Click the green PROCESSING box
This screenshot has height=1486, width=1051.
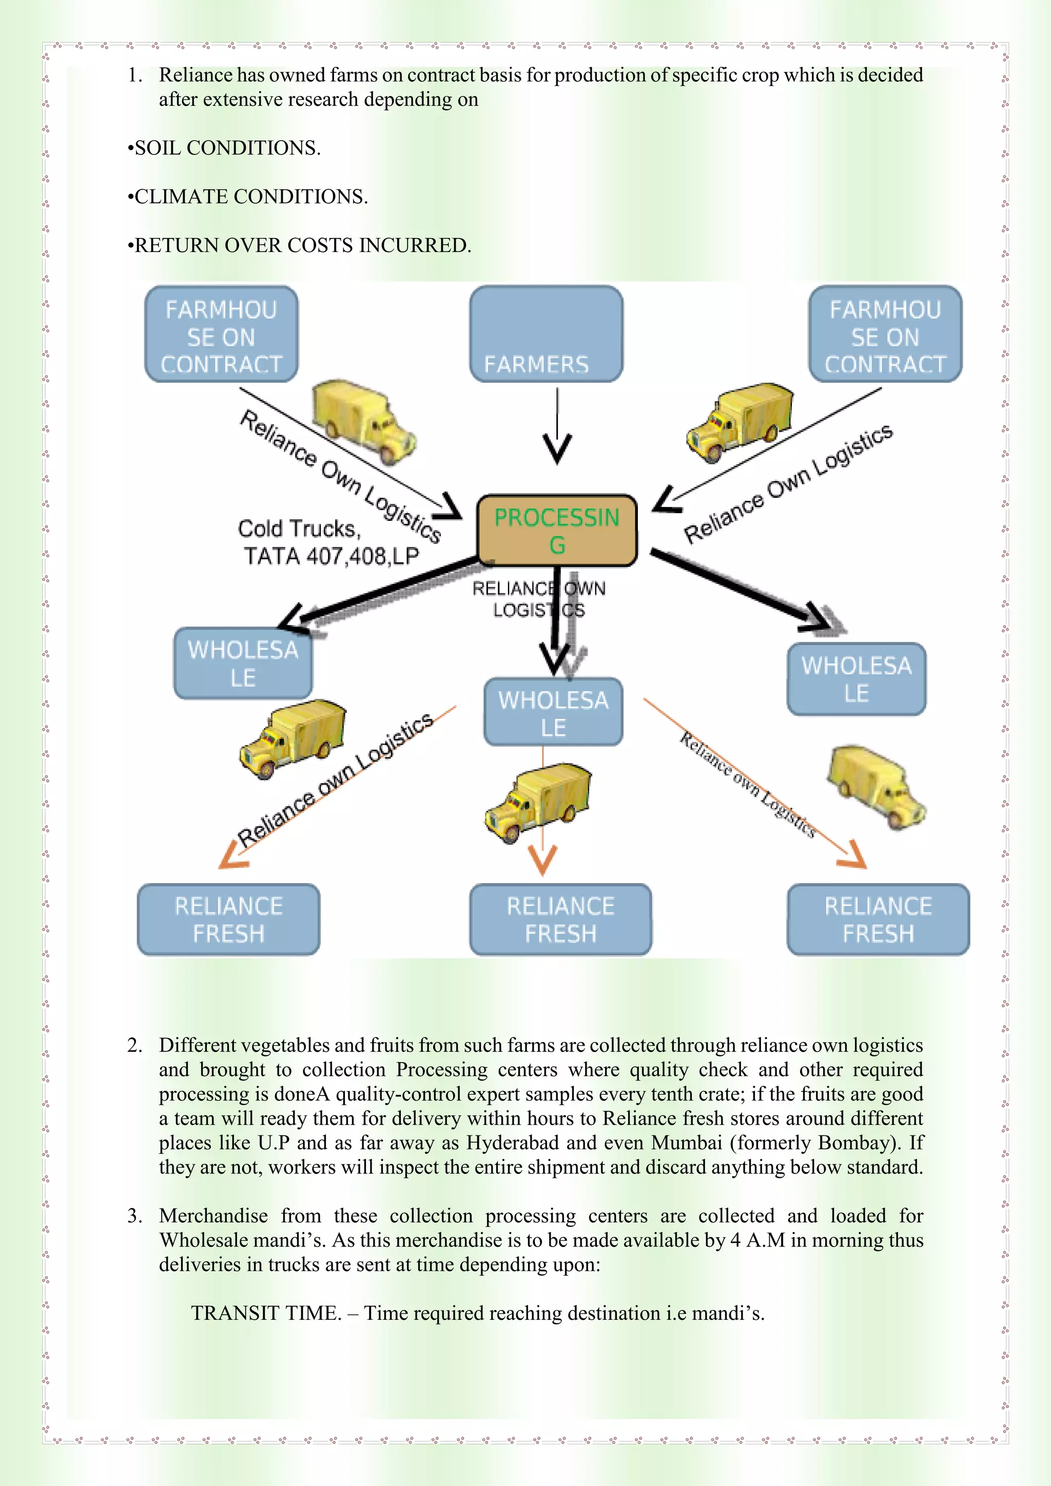click(x=557, y=530)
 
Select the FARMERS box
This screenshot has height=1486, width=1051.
click(x=546, y=334)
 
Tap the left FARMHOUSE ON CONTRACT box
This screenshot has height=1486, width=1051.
click(x=221, y=334)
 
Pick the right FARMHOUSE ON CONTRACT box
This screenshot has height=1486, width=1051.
click(x=885, y=334)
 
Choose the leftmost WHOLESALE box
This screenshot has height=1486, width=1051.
click(x=243, y=663)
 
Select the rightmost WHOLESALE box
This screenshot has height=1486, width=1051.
click(x=856, y=679)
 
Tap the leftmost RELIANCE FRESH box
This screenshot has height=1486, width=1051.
click(x=228, y=919)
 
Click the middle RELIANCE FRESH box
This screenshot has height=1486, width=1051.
click(x=560, y=919)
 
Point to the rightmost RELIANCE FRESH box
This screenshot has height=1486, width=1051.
click(x=878, y=919)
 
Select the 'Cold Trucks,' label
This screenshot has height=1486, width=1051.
click(x=299, y=529)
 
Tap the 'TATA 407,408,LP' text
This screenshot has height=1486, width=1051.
click(x=332, y=556)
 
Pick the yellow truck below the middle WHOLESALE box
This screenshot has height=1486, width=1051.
click(x=538, y=802)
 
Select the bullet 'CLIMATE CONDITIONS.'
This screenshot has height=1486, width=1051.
click(x=248, y=197)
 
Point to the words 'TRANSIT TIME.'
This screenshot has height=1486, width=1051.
click(x=266, y=1313)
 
